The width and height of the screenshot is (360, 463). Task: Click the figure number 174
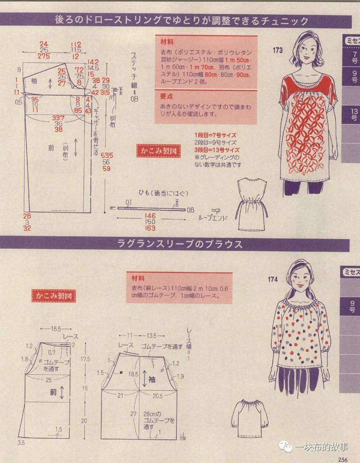273,279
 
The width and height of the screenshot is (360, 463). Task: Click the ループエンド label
212,218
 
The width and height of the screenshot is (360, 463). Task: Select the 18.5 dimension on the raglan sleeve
134,374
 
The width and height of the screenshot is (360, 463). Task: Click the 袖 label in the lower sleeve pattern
152,380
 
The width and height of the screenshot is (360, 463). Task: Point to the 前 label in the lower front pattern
53,392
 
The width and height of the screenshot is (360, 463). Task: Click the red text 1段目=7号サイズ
215,135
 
